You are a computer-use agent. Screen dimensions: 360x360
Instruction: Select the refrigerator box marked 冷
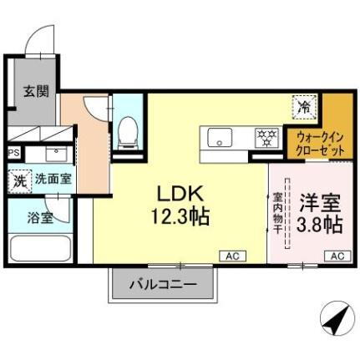(303, 106)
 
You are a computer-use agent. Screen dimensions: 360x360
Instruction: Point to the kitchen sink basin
(221, 137)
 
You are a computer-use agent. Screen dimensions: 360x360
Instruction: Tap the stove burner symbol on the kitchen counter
(266, 136)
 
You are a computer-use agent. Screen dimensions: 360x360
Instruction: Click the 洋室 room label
(318, 203)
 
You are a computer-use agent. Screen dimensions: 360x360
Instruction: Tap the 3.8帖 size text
(318, 223)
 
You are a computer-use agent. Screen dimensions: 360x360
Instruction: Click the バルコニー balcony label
(163, 285)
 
